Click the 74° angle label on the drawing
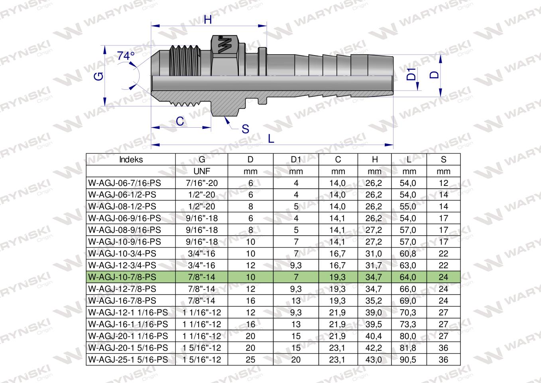(126, 56)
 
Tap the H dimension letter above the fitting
(208, 20)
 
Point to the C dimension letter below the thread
(180, 121)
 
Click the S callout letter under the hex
(245, 129)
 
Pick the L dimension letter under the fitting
(271, 138)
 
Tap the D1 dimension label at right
(411, 74)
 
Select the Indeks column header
(131, 160)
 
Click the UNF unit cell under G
(202, 171)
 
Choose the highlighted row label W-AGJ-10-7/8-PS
(122, 277)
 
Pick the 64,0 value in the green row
(409, 277)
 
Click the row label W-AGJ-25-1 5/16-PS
(128, 359)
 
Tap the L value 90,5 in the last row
(409, 359)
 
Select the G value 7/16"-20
(202, 183)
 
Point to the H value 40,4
(374, 336)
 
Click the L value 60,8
(409, 253)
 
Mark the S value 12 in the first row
(443, 183)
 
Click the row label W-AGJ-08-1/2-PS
(122, 207)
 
